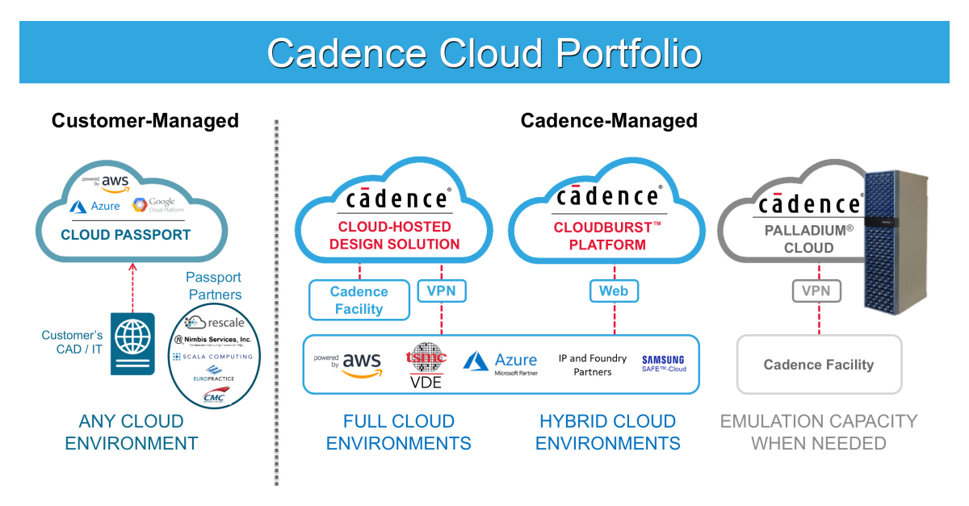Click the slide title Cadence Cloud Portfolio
[484, 52]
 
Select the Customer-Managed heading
[145, 121]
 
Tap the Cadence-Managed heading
[609, 121]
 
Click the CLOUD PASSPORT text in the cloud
[126, 236]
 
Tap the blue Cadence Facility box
[359, 299]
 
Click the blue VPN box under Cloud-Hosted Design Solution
[442, 291]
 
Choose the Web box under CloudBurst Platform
[614, 291]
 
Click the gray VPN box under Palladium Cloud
[818, 291]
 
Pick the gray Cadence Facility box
[819, 365]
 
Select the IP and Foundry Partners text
[592, 365]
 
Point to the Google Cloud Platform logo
[153, 205]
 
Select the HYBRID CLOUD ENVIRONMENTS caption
[608, 432]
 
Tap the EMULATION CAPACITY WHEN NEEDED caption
[819, 432]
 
